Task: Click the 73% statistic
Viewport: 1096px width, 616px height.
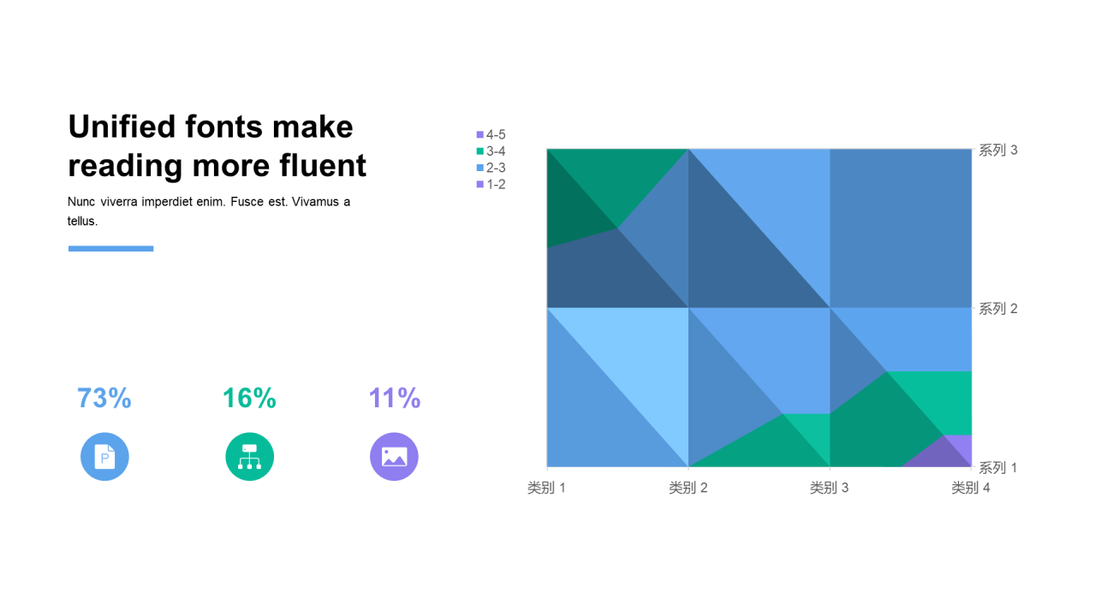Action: coord(104,398)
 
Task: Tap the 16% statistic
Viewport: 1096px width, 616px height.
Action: coord(249,398)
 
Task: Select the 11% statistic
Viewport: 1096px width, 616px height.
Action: coord(395,398)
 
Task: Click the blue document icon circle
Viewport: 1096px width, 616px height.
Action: coord(104,457)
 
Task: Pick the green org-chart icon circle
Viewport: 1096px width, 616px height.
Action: coord(249,457)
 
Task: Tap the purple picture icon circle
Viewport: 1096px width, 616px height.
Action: coord(394,457)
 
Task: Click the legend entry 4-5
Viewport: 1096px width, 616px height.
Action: coord(491,134)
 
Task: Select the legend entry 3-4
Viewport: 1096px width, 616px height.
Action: coord(491,151)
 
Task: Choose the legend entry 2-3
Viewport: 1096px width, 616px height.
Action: coord(491,168)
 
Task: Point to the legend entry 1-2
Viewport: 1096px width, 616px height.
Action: coord(491,184)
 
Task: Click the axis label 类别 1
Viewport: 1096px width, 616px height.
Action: coord(546,488)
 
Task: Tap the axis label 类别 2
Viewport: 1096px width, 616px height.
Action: coord(688,488)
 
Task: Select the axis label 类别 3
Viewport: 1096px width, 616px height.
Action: coord(830,488)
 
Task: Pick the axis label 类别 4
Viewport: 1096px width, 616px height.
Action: coord(971,488)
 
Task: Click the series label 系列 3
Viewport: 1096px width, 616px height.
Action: coord(998,150)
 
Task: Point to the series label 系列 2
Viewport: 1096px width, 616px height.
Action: coord(998,309)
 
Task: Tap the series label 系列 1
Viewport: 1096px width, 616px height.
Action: coord(998,468)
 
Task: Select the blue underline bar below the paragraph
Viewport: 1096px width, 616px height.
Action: coord(111,248)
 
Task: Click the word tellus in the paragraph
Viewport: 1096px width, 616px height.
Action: coord(81,221)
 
